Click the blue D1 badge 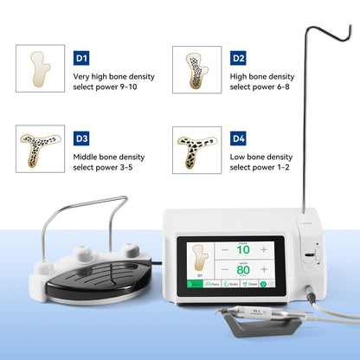pos(82,58)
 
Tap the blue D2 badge pos(238,58)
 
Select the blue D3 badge pos(82,138)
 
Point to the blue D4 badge pos(238,138)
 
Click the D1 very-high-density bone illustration pos(40,68)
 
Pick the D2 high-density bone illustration pos(196,68)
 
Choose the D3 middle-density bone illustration pos(40,149)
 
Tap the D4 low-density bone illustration pos(196,149)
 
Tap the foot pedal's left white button pos(87,251)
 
